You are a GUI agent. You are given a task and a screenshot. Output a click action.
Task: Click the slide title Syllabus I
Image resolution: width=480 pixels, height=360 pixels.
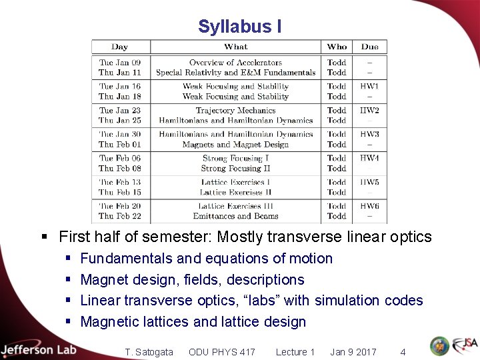coord(239,27)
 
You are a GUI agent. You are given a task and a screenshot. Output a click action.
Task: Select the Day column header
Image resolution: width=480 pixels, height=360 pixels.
coord(120,47)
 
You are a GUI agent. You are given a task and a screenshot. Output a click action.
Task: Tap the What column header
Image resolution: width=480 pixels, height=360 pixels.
coord(236,47)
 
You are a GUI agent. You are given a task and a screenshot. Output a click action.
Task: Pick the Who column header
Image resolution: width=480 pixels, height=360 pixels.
coord(337,47)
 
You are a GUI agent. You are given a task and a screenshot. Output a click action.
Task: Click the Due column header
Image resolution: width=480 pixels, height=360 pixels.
coord(369,47)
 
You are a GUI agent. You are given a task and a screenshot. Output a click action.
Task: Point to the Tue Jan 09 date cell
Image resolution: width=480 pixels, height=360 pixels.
coord(120,63)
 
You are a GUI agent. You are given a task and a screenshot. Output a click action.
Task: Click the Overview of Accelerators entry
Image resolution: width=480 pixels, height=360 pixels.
coord(235,63)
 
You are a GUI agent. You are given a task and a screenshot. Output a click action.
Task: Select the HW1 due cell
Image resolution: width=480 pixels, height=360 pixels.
coord(369,87)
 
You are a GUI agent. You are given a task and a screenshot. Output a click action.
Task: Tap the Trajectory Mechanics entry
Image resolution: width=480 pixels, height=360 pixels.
coord(235,111)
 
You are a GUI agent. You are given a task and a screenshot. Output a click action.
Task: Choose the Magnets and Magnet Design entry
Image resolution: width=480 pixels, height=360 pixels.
coord(235,145)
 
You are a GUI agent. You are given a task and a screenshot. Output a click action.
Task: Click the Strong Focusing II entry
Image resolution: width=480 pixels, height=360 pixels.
coord(235,169)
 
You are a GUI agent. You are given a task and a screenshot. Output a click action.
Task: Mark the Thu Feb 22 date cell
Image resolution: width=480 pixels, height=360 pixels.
coord(120,216)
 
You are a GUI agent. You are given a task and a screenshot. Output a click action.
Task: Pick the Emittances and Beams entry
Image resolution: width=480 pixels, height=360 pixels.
coord(235,216)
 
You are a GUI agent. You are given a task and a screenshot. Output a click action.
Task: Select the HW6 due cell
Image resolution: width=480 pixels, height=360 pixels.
coord(369,206)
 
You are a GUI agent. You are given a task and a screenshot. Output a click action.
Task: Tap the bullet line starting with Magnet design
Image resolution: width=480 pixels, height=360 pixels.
coord(192,279)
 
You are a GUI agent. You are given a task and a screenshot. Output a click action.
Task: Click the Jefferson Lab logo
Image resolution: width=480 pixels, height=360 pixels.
coord(39,349)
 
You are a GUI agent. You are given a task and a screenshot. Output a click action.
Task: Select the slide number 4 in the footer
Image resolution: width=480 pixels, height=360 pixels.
coord(403,352)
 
